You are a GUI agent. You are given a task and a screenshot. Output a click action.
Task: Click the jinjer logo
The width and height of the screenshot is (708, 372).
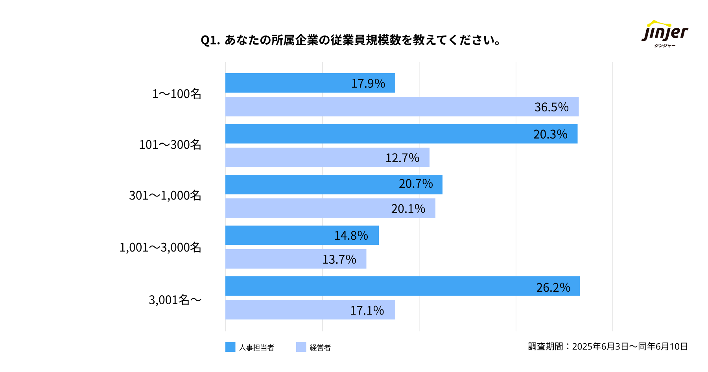tap(665, 34)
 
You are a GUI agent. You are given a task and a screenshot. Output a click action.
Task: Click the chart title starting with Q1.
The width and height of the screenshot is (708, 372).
tap(350, 40)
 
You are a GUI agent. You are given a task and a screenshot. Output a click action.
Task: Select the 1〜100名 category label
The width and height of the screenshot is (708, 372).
tap(177, 94)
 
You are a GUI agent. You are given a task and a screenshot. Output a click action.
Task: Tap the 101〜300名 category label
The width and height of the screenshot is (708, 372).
tap(170, 145)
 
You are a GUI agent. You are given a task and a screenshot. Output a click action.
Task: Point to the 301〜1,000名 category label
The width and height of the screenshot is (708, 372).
tap(165, 196)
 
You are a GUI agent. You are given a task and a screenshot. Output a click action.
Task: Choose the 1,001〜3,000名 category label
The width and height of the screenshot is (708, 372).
tap(160, 248)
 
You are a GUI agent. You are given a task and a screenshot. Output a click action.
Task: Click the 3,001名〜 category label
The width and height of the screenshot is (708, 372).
tap(175, 300)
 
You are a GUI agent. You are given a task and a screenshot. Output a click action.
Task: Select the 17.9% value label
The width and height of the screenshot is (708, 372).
tap(368, 83)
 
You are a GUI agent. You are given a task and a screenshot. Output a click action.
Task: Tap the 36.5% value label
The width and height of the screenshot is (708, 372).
tap(551, 107)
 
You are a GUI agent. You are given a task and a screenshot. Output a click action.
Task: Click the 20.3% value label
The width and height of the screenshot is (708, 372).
tap(550, 134)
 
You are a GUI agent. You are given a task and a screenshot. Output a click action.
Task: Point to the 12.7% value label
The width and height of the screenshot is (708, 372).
tap(402, 158)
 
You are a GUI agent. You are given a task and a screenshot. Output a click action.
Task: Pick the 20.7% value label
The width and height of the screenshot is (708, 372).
tap(415, 184)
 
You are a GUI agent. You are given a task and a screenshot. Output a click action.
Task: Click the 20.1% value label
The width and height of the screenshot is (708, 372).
tap(408, 209)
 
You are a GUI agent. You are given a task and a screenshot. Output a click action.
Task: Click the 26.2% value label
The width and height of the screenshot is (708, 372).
tap(553, 288)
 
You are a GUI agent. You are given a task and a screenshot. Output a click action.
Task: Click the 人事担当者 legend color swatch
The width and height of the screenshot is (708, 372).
tap(230, 347)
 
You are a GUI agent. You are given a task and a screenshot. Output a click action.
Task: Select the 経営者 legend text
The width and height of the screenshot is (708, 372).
tap(320, 348)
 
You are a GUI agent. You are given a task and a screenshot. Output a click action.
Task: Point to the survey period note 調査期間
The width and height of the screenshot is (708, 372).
tap(608, 346)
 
